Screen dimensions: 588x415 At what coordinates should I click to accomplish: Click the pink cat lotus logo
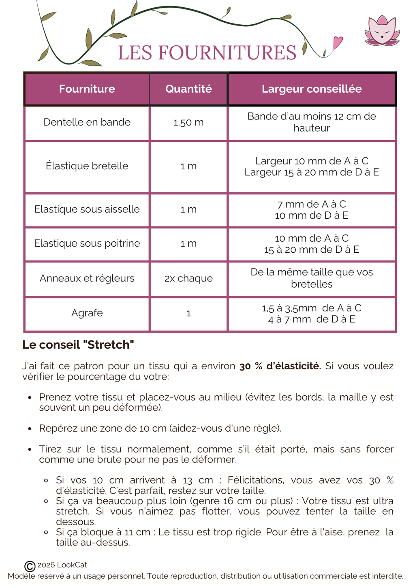[x=382, y=31]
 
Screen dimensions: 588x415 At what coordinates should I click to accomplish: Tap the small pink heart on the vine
[x=337, y=42]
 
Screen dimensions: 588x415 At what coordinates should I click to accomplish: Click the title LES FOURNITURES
[x=207, y=53]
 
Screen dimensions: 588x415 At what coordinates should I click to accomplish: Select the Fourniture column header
[x=87, y=89]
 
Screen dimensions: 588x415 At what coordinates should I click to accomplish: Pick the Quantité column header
[x=188, y=89]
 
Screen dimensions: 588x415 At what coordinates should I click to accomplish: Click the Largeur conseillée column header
[x=311, y=89]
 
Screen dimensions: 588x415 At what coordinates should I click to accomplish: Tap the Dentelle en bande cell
[x=87, y=122]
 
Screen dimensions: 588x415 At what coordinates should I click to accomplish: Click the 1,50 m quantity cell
[x=188, y=122]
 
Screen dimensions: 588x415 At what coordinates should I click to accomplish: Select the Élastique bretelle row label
[x=87, y=166]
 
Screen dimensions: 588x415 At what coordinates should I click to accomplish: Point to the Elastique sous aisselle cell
[x=87, y=209]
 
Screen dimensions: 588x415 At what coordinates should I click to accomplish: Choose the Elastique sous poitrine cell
[x=87, y=243]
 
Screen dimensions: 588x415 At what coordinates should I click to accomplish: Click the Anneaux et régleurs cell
[x=87, y=278]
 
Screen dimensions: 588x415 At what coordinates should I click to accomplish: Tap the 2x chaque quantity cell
[x=188, y=278]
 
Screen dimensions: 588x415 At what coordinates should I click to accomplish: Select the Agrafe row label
[x=87, y=313]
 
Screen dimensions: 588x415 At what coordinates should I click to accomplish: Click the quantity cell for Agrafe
[x=188, y=313]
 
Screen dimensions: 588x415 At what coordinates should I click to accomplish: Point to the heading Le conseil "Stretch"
[x=78, y=345]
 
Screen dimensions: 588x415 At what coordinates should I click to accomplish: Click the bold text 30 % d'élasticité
[x=280, y=366]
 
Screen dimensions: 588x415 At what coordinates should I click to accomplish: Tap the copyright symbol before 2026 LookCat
[x=30, y=566]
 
